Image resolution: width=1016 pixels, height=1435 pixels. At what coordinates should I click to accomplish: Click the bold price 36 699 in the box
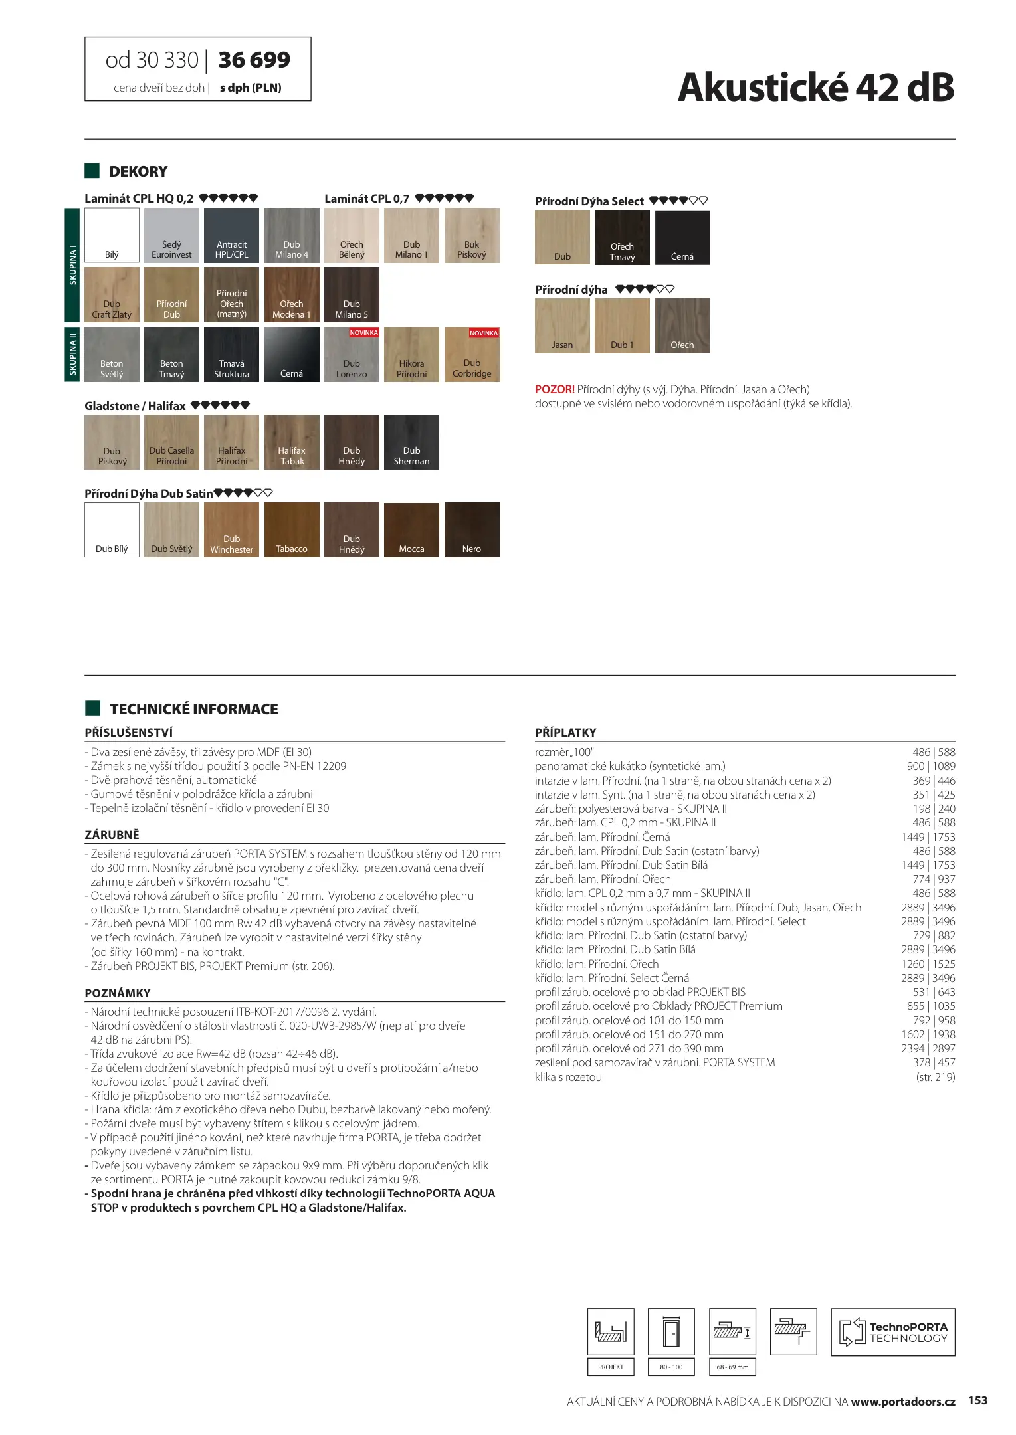click(254, 60)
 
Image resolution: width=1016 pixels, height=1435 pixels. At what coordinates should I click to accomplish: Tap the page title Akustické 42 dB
click(815, 88)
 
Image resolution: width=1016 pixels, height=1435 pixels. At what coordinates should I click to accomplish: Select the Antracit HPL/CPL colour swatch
click(231, 235)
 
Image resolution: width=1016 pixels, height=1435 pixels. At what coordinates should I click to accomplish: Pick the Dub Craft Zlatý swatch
click(112, 295)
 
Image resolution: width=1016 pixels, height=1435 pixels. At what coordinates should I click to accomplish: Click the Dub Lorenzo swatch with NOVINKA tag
click(352, 355)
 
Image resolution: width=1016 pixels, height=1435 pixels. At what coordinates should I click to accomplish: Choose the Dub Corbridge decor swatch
click(472, 355)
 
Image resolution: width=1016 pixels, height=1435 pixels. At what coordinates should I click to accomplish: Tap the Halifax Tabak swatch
click(292, 442)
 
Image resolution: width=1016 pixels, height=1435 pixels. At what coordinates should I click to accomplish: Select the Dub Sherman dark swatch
click(411, 442)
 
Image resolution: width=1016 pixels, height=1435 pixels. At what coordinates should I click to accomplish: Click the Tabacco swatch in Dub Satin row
click(292, 529)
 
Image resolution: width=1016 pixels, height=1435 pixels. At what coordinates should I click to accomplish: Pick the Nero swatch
click(472, 529)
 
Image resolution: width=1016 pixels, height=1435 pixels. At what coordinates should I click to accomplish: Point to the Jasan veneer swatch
click(562, 326)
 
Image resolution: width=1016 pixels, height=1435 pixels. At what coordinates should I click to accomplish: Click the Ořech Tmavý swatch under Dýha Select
click(622, 238)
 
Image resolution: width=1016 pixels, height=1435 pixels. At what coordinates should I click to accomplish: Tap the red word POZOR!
click(554, 390)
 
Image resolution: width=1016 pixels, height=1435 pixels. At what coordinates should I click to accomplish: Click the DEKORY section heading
click(138, 172)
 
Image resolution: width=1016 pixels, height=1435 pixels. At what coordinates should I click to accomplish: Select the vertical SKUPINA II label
click(72, 355)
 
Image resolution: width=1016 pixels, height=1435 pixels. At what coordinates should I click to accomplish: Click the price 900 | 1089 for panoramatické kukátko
click(930, 766)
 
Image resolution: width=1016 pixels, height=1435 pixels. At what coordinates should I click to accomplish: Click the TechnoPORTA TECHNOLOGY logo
click(892, 1332)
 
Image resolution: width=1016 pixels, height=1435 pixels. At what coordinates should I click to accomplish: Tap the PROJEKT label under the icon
click(611, 1367)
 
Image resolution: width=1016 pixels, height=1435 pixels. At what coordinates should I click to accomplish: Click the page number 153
click(977, 1400)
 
